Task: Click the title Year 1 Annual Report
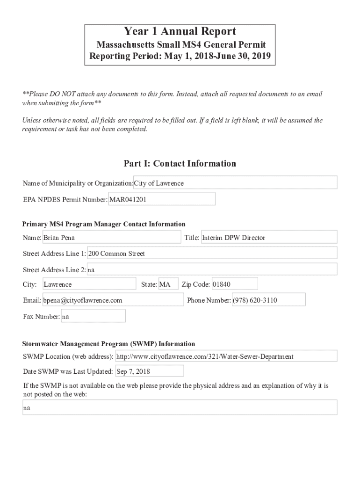tap(180, 32)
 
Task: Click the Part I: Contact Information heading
tap(180, 163)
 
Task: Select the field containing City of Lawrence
tap(235, 183)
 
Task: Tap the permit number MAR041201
tap(162, 199)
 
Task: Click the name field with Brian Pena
tap(111, 238)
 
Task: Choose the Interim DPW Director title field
tap(268, 238)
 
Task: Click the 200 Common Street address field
tap(212, 254)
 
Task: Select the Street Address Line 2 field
tap(212, 269)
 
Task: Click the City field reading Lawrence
tap(89, 284)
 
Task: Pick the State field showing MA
tap(168, 284)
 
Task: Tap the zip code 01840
tap(234, 284)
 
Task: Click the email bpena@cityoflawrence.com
tap(113, 300)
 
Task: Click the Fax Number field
tap(93, 317)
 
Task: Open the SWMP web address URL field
tap(226, 356)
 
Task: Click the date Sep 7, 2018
tap(149, 371)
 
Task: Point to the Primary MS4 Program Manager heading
tap(104, 224)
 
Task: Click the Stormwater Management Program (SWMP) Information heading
tap(108, 344)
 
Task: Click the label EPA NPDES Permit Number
tap(65, 200)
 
